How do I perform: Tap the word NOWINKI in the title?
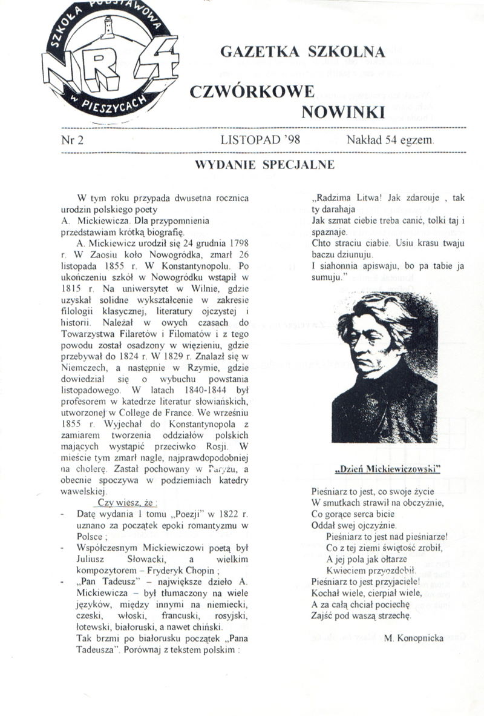coord(342,111)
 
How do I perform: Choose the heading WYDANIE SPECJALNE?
coord(264,164)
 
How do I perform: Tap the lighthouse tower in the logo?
coord(110,27)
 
